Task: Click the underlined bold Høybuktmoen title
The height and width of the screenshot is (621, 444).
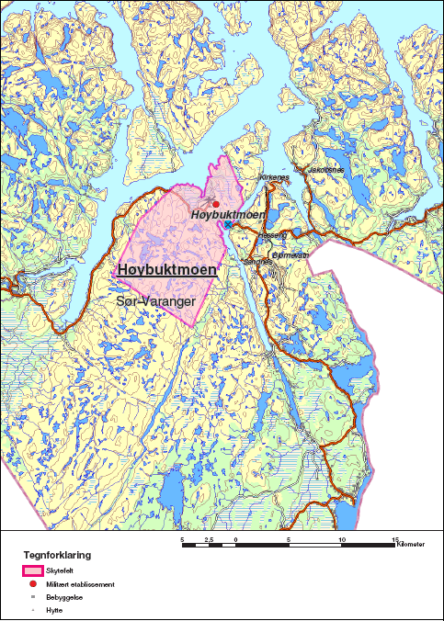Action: click(167, 270)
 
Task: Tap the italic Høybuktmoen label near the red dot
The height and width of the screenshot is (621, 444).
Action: click(228, 214)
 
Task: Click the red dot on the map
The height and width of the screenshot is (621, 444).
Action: click(216, 204)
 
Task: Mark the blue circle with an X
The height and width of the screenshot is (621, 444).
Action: click(227, 223)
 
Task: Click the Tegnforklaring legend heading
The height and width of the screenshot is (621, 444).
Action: click(57, 556)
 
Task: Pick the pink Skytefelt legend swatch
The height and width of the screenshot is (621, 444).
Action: click(33, 570)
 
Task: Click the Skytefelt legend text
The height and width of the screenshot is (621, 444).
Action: click(58, 570)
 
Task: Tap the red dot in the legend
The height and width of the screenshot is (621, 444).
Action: click(32, 584)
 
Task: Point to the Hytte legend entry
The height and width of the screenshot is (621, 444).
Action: click(51, 608)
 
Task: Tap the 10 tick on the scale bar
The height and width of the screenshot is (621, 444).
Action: click(342, 539)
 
